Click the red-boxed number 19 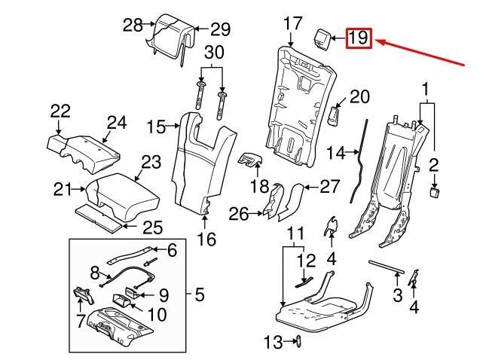coord(359,38)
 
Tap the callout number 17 coord(293,23)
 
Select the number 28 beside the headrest coord(133,25)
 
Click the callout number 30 coord(214,53)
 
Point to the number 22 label coord(60,111)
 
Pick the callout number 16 coord(206,239)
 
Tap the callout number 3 coord(398,295)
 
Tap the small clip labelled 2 coord(434,193)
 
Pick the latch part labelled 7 coord(81,300)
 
